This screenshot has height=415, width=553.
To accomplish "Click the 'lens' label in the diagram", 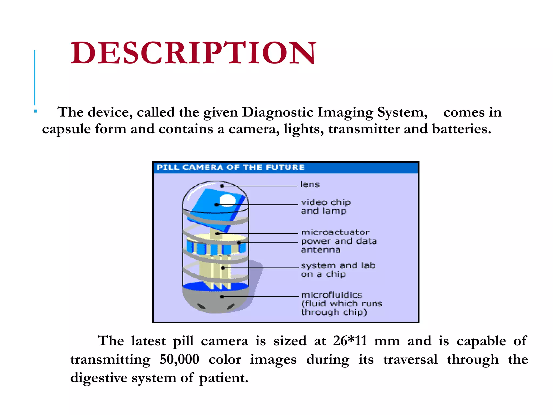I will click(x=310, y=185).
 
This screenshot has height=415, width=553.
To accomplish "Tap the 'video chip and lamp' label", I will click(x=325, y=206).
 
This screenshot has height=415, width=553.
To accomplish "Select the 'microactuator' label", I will click(x=335, y=232).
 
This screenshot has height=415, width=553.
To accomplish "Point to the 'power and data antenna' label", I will click(x=338, y=245).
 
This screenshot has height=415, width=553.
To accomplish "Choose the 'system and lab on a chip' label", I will click(x=338, y=270).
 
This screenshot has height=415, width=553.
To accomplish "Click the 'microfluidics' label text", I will click(x=332, y=295).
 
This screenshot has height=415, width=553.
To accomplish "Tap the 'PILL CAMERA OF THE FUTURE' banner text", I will click(x=231, y=168).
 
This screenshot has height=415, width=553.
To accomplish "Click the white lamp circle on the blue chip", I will click(x=227, y=200).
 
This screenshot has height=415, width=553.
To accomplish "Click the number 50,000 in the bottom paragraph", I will click(x=179, y=359).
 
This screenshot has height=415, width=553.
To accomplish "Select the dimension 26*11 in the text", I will click(x=350, y=341).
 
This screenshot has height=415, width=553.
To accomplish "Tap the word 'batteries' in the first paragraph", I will click(x=461, y=129).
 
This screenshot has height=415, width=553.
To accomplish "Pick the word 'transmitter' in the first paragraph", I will click(x=364, y=129).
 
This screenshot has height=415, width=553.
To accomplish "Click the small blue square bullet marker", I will click(x=36, y=111).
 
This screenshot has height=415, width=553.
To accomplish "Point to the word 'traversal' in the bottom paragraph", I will click(x=410, y=359).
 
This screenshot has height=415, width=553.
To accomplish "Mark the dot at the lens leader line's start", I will click(x=222, y=186).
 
